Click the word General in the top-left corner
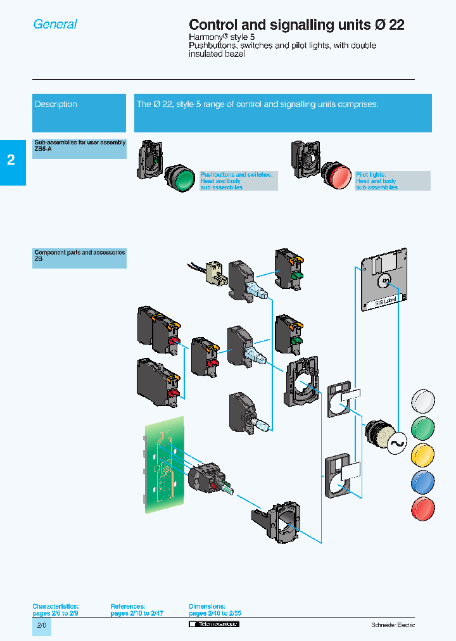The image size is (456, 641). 55,24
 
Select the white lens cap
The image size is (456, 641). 423,401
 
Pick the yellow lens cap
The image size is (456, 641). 423,455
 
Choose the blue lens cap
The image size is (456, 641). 423,482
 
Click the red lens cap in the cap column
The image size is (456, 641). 423,509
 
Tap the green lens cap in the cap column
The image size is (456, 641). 423,428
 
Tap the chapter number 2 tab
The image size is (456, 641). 11,160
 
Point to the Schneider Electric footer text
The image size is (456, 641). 393,625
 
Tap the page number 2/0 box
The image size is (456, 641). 41,626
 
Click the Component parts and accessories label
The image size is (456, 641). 79,255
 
